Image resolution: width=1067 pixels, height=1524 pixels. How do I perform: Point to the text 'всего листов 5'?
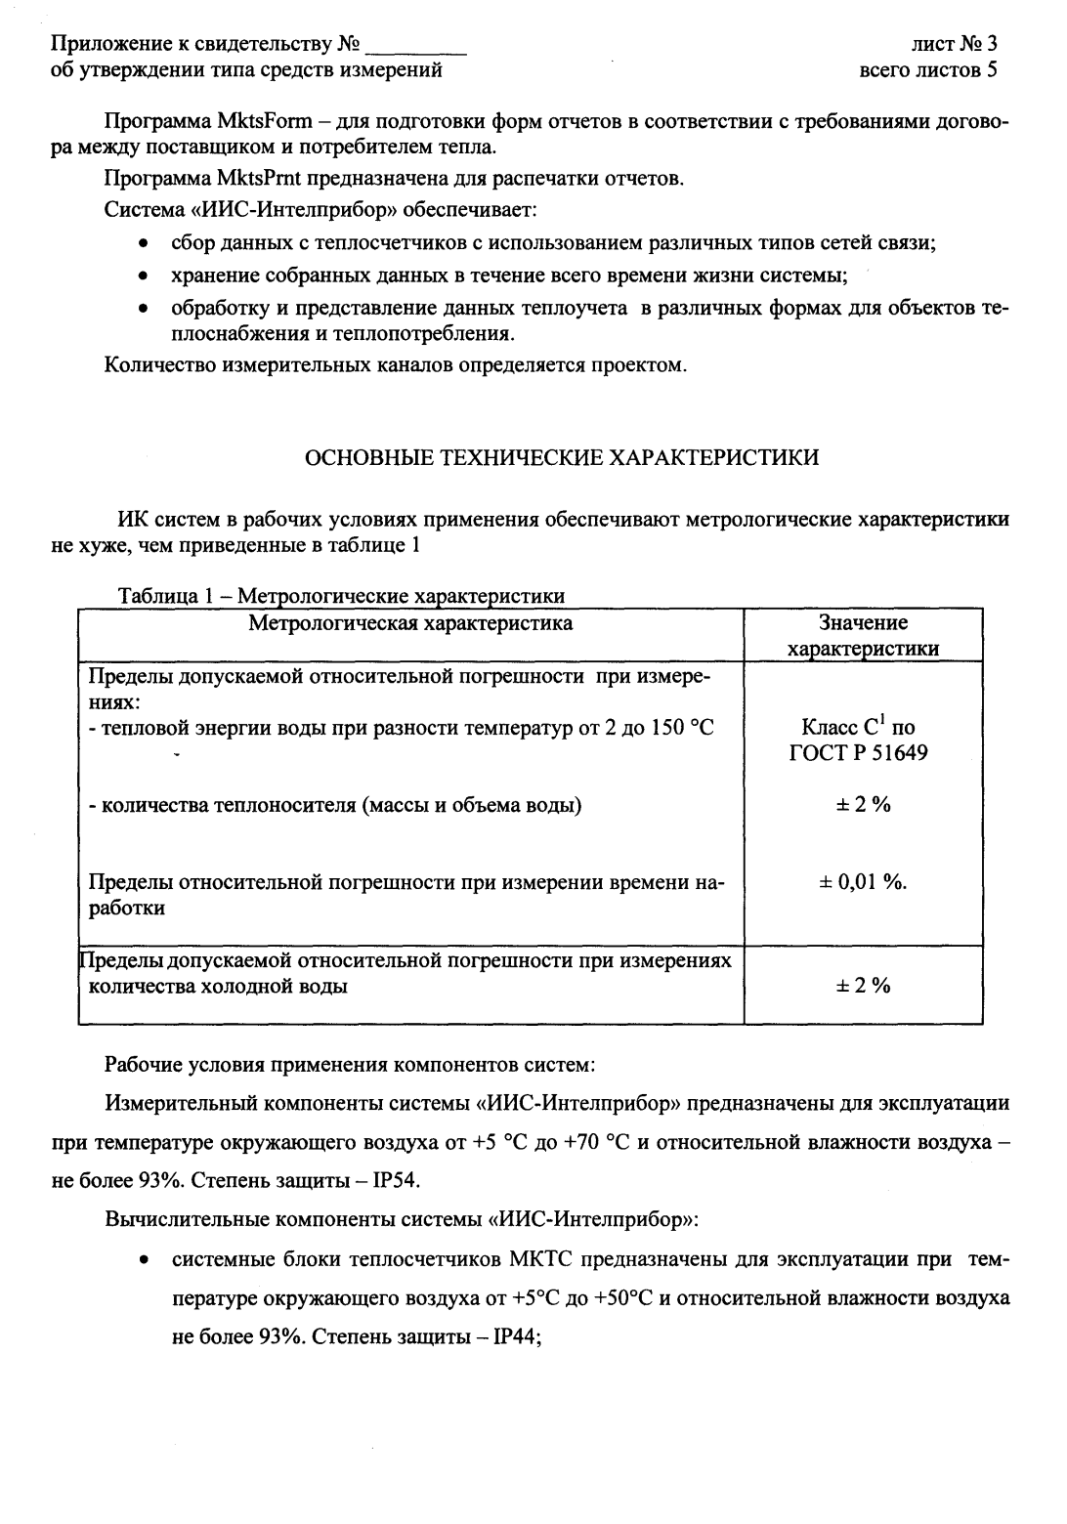pyautogui.click(x=927, y=69)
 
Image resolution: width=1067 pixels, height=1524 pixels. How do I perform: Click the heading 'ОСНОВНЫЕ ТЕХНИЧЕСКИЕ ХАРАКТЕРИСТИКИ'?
pyautogui.click(x=563, y=457)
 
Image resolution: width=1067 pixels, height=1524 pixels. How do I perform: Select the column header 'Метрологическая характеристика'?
pyautogui.click(x=410, y=623)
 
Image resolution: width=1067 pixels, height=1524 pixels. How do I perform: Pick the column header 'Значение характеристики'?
pyautogui.click(x=863, y=636)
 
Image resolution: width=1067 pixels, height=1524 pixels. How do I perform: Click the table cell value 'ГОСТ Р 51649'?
pyautogui.click(x=859, y=753)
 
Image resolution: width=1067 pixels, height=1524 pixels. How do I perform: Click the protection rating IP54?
pyautogui.click(x=394, y=1179)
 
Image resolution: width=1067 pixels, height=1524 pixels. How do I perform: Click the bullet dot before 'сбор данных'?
pyautogui.click(x=144, y=244)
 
